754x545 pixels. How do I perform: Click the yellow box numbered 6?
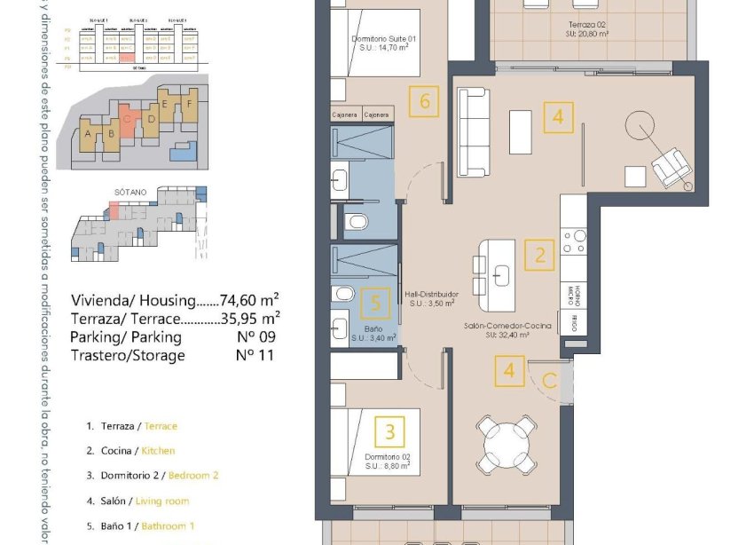click(425, 102)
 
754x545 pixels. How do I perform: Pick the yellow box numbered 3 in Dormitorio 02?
click(390, 433)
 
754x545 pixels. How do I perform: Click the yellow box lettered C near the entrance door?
click(550, 382)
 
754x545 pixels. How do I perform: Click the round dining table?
click(502, 439)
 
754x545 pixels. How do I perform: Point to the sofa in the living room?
click(475, 133)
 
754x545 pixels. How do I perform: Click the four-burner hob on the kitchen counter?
click(574, 242)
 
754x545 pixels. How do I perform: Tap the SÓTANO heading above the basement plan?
click(130, 191)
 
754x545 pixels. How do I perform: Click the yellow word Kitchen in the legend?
click(158, 451)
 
